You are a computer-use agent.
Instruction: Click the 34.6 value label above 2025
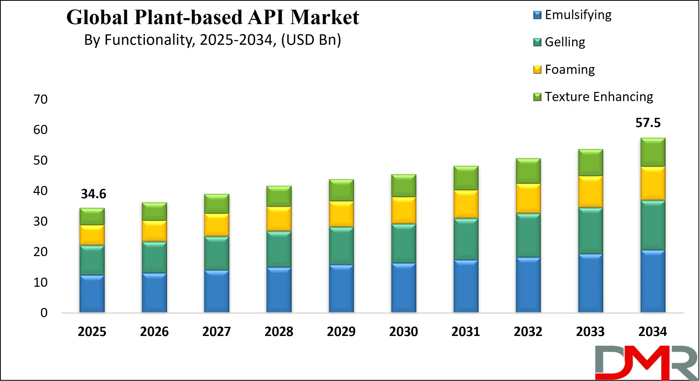click(93, 194)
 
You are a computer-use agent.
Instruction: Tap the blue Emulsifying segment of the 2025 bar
click(92, 294)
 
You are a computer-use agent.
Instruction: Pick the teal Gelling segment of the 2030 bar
click(403, 243)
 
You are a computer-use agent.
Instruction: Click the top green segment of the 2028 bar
click(279, 196)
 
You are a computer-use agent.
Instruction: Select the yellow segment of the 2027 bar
click(217, 225)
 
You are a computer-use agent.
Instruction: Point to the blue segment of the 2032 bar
click(528, 285)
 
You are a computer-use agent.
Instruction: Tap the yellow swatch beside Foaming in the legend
click(537, 70)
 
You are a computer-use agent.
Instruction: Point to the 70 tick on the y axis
click(41, 99)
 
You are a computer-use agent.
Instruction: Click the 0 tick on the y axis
click(44, 313)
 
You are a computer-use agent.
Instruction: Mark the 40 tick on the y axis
click(41, 191)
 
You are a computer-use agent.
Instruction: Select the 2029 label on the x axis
click(341, 332)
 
